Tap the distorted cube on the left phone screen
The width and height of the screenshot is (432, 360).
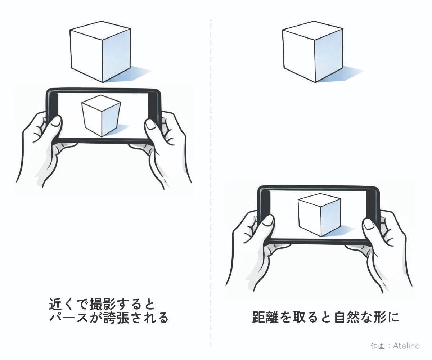click(x=101, y=115)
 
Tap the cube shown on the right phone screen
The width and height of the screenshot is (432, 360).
click(x=319, y=215)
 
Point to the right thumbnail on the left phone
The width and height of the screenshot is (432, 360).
click(x=150, y=124)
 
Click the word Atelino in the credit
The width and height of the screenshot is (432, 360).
click(x=406, y=346)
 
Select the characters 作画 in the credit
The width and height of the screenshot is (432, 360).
click(x=377, y=346)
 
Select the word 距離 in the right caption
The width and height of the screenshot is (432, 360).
click(x=264, y=318)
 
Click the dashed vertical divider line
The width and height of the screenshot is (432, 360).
click(x=211, y=180)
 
